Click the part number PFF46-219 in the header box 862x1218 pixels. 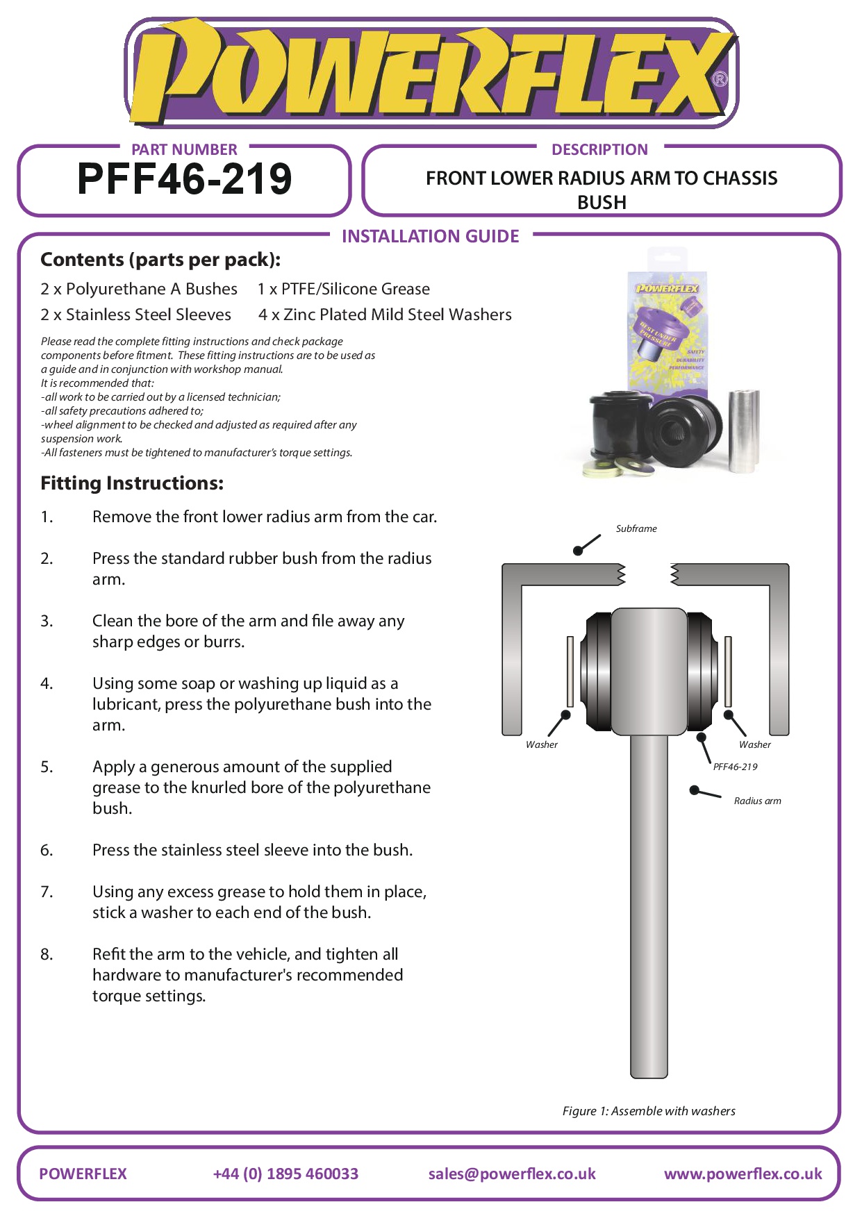point(184,179)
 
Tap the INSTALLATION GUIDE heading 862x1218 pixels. point(430,236)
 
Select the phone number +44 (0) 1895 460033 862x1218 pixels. point(285,1174)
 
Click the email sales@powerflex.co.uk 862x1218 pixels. point(512,1174)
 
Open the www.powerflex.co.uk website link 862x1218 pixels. point(743,1174)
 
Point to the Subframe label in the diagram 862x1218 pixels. point(636,528)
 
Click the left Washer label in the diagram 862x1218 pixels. point(541,744)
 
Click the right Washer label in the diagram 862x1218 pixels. point(754,744)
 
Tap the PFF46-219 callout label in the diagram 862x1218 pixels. point(735,767)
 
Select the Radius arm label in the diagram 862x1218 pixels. point(757,801)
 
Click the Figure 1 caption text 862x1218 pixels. point(649,1111)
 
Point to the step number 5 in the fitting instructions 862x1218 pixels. point(47,767)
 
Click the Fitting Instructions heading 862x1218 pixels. point(132,483)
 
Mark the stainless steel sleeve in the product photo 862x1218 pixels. point(743,431)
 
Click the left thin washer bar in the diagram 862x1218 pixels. point(570,670)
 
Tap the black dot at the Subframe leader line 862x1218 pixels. point(578,551)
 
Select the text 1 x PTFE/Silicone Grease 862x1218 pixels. point(344,289)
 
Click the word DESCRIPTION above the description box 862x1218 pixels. point(599,149)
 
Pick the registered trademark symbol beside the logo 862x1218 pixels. point(720,78)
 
